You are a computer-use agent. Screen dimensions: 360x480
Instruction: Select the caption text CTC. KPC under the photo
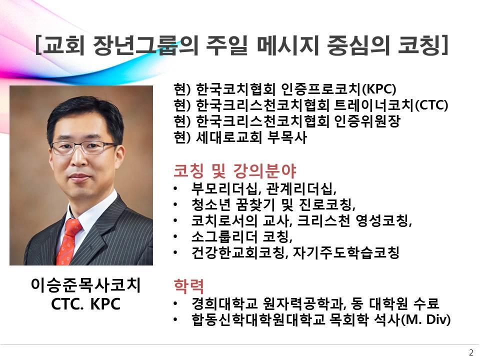pyautogui.click(x=85, y=304)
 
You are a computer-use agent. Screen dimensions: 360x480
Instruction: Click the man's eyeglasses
pyautogui.click(x=83, y=147)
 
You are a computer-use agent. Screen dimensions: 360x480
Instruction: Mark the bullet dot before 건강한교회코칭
pyautogui.click(x=175, y=253)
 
